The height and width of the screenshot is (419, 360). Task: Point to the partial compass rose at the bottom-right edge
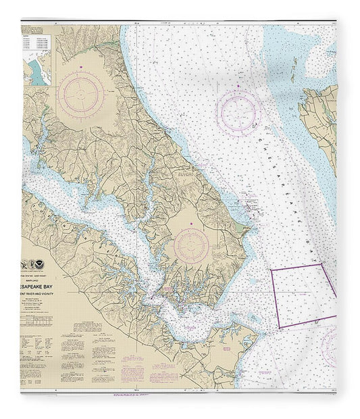332,345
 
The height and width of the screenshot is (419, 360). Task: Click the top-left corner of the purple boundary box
272,270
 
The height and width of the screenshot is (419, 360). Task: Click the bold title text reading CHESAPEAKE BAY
48,276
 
